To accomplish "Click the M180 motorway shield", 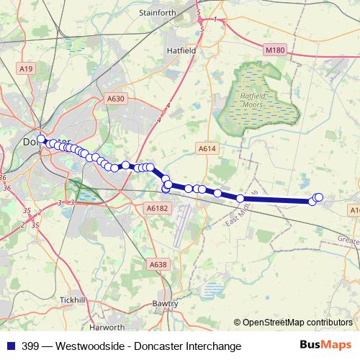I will coord(275,50).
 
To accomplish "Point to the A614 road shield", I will coord(207,148).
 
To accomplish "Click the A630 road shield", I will coord(116,99).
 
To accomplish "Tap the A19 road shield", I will coord(26,68).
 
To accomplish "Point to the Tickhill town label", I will coord(73,299).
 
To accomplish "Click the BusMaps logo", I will coord(326,346).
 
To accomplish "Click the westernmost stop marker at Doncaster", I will coord(41,139).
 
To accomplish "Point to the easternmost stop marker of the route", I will coord(319,197).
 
